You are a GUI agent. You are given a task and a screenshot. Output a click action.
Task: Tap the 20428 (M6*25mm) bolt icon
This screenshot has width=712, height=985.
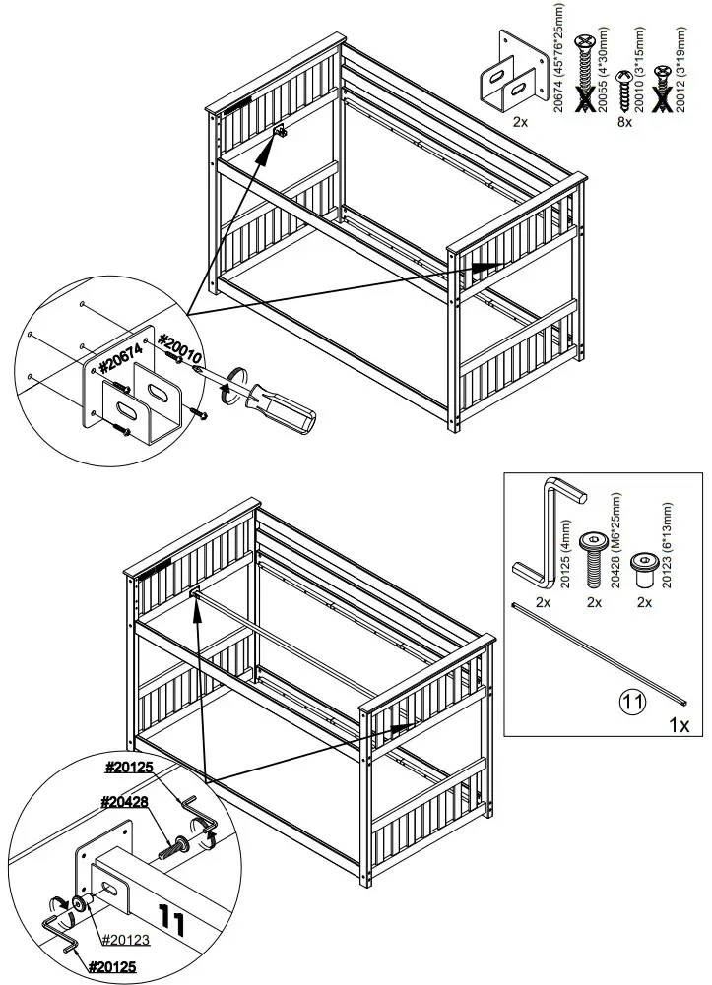coord(593,555)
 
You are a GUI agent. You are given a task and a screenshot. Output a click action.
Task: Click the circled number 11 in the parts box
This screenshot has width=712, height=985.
coord(632,704)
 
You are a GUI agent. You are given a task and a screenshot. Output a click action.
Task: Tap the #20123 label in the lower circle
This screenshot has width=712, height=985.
coord(125,940)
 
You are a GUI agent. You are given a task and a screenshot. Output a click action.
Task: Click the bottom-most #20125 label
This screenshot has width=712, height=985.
coord(112,967)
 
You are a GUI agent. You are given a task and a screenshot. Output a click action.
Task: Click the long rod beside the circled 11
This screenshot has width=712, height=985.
coord(600,653)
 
